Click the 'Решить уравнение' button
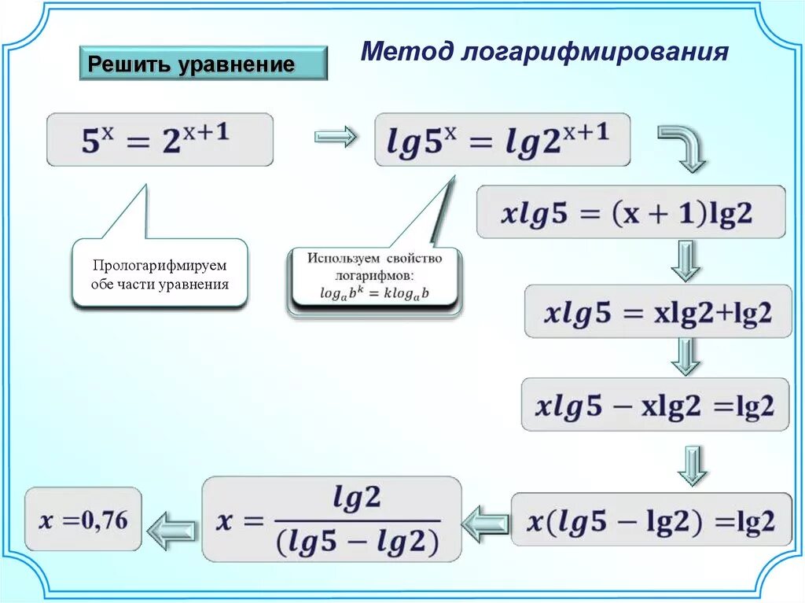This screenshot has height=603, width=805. click(x=203, y=64)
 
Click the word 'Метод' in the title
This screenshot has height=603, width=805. click(x=407, y=52)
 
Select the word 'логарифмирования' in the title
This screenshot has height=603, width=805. click(x=596, y=53)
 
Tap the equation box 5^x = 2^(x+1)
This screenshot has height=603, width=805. click(x=160, y=140)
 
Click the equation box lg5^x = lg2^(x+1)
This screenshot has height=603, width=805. click(x=502, y=140)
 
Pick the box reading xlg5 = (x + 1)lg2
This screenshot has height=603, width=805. click(x=630, y=211)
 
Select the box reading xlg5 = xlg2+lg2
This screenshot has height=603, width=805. click(x=658, y=311)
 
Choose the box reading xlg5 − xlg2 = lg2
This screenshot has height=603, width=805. click(x=655, y=405)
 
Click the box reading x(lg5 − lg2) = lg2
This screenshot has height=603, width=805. click(x=652, y=519)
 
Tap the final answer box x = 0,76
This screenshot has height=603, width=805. click(x=83, y=519)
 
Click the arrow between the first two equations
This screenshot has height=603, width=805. click(x=336, y=138)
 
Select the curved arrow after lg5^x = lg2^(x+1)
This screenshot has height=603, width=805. click(x=682, y=146)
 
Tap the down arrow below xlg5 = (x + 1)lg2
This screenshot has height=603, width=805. click(x=685, y=260)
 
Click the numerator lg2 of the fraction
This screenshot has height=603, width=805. click(x=357, y=498)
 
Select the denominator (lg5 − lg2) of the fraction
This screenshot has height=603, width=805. click(x=357, y=542)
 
